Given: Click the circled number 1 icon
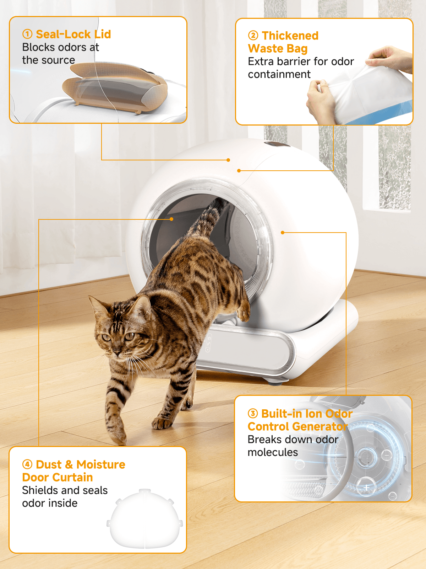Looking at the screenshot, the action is pos(27,34).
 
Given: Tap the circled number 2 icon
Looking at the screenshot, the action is pos(253,36).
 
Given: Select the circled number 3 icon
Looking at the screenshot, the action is pos(253,414).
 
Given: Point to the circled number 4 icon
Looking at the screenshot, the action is pos(27,464).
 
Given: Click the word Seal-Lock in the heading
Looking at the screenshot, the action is pos(64,34).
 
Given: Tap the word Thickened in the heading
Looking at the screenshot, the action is pos(290,36).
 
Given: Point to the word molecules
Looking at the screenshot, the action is pos(273,452).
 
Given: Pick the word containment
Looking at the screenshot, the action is pos(279,74).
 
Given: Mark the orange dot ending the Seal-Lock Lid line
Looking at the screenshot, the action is pos(228,160).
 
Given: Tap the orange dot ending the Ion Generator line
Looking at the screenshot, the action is pos(283,233).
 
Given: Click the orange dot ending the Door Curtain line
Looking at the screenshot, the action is pos(171,219).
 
